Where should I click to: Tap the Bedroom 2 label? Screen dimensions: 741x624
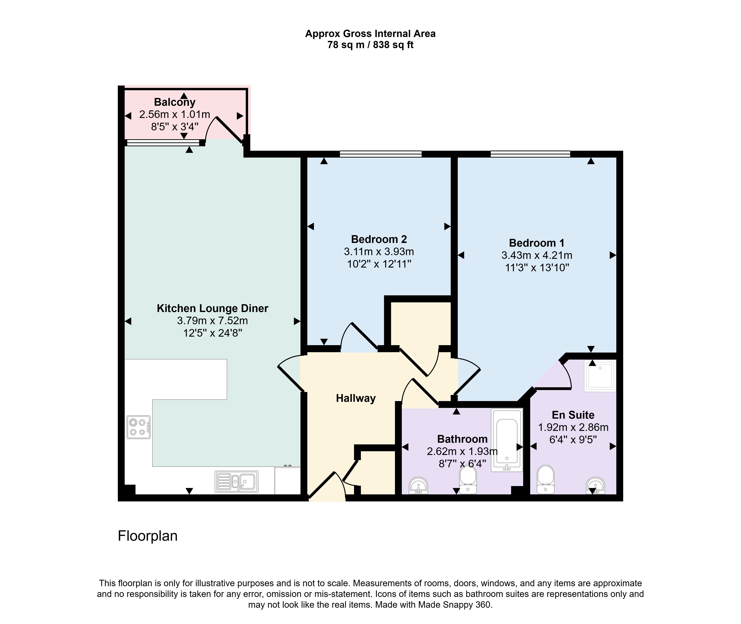tap(379, 239)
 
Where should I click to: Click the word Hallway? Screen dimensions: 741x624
tap(356, 398)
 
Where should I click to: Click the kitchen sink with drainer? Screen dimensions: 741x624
tap(236, 481)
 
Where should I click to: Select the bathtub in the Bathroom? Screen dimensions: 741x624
tap(507, 440)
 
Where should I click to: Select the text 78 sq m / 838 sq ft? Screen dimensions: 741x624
tap(370, 45)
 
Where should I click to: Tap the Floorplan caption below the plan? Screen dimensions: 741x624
tap(148, 536)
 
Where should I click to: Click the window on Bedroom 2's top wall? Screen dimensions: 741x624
tap(381, 154)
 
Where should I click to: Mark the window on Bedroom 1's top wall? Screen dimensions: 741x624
tap(530, 154)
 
